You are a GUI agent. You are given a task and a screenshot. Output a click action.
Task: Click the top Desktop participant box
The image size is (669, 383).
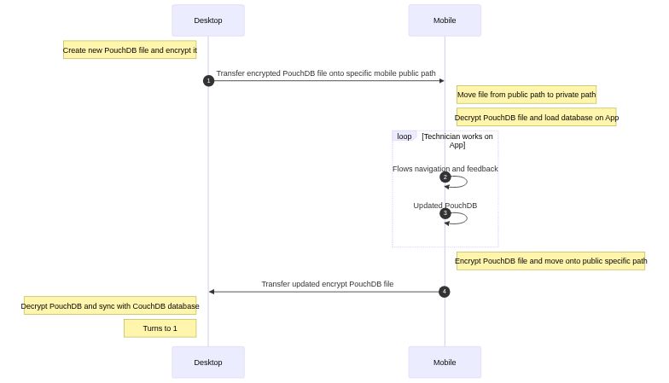click(207, 20)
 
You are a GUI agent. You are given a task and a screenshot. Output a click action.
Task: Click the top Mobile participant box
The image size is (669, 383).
click(444, 20)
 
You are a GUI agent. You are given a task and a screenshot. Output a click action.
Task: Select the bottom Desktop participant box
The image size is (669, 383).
click(207, 362)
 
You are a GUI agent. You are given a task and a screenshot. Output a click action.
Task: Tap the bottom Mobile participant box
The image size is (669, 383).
click(444, 362)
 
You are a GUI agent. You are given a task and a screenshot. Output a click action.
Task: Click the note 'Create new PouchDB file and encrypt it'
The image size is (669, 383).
click(130, 50)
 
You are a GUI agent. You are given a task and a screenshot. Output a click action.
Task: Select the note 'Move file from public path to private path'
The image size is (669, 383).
click(526, 95)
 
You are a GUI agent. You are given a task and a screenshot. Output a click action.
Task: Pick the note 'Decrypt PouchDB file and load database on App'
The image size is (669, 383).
click(536, 118)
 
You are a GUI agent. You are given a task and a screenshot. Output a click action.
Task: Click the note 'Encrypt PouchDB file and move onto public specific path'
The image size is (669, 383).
click(550, 261)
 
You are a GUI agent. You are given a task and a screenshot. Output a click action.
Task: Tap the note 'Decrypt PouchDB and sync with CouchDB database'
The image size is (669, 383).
click(110, 305)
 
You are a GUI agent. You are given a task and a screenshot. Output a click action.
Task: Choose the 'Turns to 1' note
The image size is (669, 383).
click(160, 328)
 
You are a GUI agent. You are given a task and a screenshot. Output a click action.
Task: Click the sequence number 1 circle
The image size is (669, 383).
click(208, 81)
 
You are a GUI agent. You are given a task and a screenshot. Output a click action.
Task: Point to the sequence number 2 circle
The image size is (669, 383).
click(445, 177)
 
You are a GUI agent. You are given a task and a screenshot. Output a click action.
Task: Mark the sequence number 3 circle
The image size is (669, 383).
click(445, 213)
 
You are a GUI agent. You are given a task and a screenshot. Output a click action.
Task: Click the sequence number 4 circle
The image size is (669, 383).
click(444, 292)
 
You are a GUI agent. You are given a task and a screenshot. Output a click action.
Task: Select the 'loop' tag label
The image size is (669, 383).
click(404, 136)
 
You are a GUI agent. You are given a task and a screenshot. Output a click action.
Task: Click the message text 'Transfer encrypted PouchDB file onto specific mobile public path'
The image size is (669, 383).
click(325, 73)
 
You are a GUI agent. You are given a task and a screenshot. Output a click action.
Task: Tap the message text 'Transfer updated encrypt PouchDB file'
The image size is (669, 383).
click(327, 284)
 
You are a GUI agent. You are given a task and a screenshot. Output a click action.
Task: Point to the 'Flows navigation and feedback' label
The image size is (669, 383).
click(445, 169)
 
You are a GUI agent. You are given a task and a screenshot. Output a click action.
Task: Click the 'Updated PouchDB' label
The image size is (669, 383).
click(445, 206)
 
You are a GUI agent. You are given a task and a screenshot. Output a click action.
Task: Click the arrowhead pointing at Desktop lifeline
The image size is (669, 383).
click(212, 292)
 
